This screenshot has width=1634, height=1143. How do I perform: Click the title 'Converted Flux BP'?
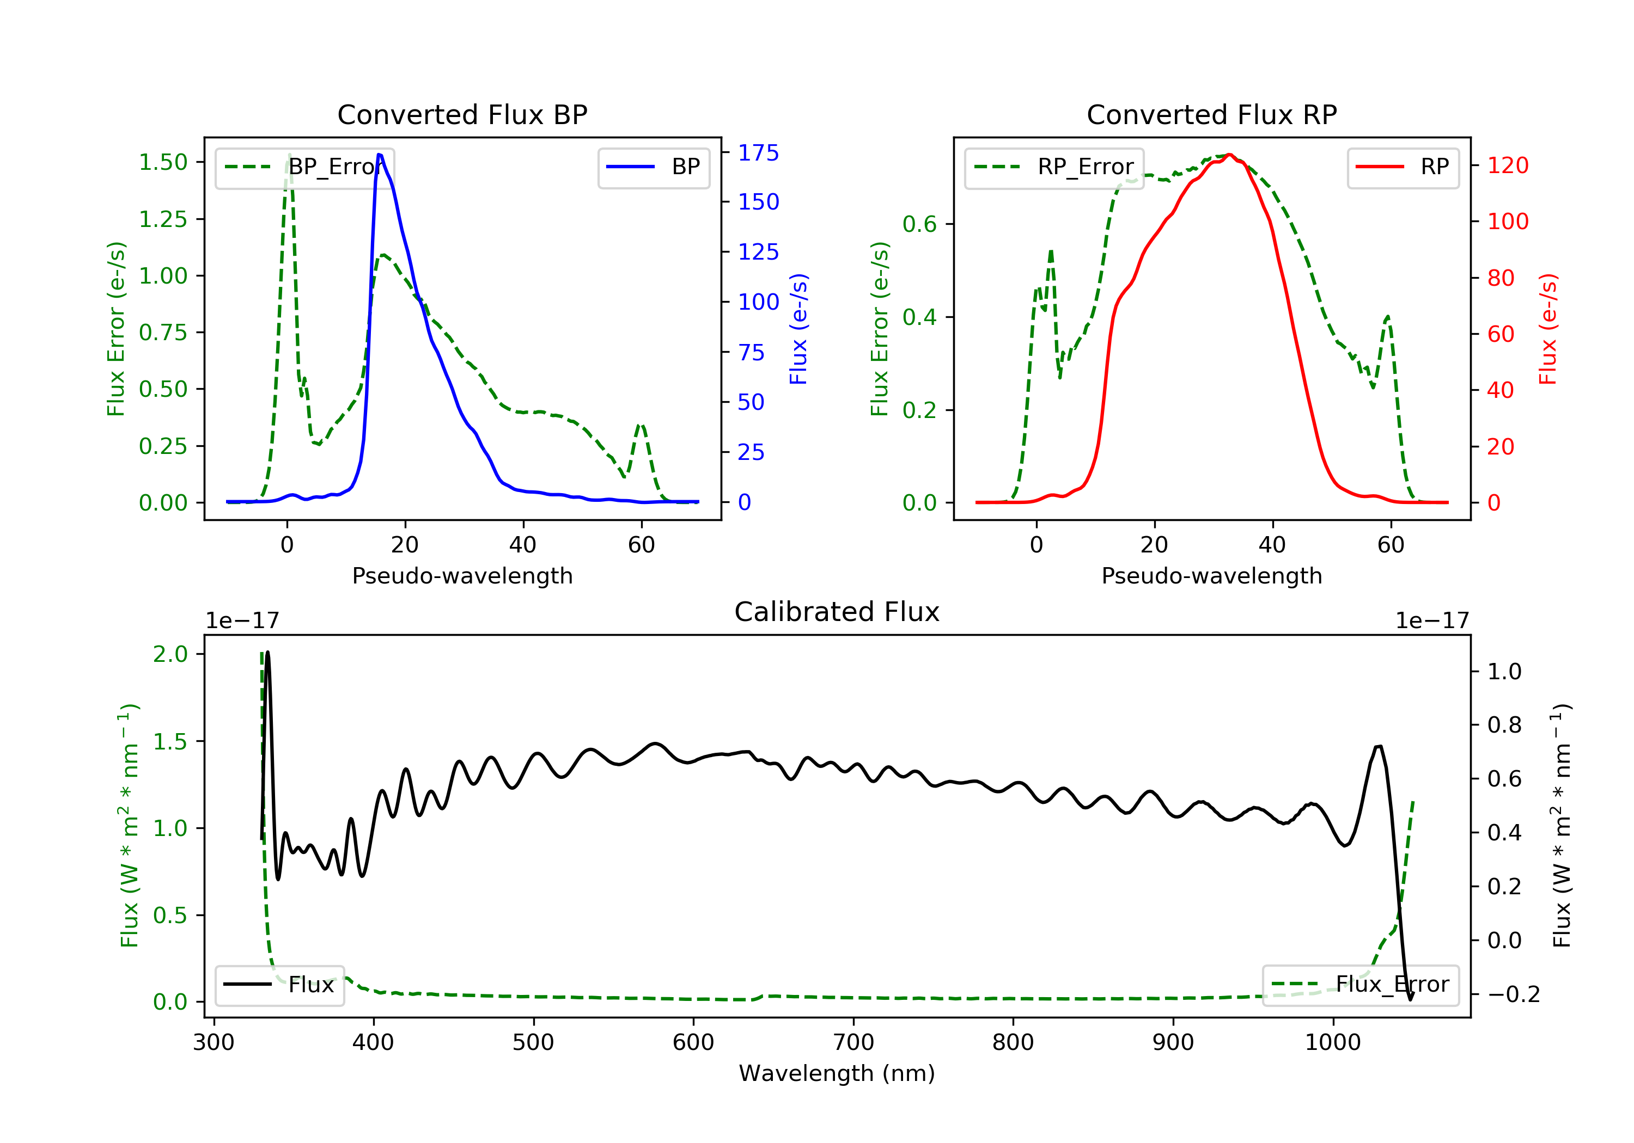(462, 114)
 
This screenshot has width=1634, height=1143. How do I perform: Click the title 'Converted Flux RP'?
(1211, 114)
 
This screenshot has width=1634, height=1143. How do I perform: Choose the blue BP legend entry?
(653, 167)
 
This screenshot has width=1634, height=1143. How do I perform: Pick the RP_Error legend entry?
(1054, 167)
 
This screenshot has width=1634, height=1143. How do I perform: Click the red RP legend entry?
(1403, 167)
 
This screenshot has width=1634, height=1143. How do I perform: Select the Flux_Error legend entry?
(1360, 985)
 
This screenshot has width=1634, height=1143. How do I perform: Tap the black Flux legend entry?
(279, 985)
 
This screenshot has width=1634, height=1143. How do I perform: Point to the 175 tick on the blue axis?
(758, 152)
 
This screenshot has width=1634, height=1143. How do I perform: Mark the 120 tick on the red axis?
(1507, 165)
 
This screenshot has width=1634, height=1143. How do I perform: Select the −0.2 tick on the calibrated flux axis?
(1513, 994)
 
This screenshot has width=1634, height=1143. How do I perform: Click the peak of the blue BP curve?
(379, 155)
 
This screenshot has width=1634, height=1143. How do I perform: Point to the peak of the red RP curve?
(1229, 155)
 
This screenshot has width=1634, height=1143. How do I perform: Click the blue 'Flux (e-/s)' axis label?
(798, 329)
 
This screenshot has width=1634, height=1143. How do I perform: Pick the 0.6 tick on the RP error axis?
(919, 224)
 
